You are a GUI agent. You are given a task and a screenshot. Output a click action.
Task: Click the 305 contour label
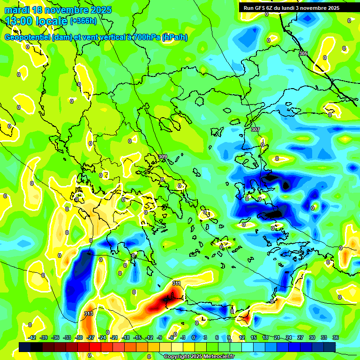[x=303, y=54]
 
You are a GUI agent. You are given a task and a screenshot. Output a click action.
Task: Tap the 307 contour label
[x=255, y=129]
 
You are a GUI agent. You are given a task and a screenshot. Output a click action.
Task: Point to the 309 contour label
[x=163, y=157]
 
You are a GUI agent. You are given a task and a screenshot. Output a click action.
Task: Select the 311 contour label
[x=176, y=283]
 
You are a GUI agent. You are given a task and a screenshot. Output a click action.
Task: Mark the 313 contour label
[x=89, y=313]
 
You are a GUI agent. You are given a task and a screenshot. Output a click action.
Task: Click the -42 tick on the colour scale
[x=32, y=337]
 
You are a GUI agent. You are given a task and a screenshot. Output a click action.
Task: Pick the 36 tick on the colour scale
[x=335, y=337]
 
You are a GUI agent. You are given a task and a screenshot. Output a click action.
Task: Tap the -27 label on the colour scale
[x=90, y=337]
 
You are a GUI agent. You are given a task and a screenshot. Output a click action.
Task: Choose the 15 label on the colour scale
[x=254, y=337]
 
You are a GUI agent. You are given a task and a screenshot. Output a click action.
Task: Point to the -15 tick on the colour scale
[x=137, y=337]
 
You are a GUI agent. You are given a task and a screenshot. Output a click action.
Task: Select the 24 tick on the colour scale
[x=288, y=337]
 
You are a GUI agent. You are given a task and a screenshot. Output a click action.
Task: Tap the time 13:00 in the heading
[x=19, y=21]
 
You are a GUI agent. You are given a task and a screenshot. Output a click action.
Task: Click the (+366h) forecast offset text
[x=83, y=21]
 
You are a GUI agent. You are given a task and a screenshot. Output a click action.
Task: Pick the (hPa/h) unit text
[x=174, y=37]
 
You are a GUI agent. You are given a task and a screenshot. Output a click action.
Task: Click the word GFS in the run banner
[x=262, y=8]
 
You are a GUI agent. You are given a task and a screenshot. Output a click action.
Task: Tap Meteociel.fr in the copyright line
[x=217, y=357]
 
